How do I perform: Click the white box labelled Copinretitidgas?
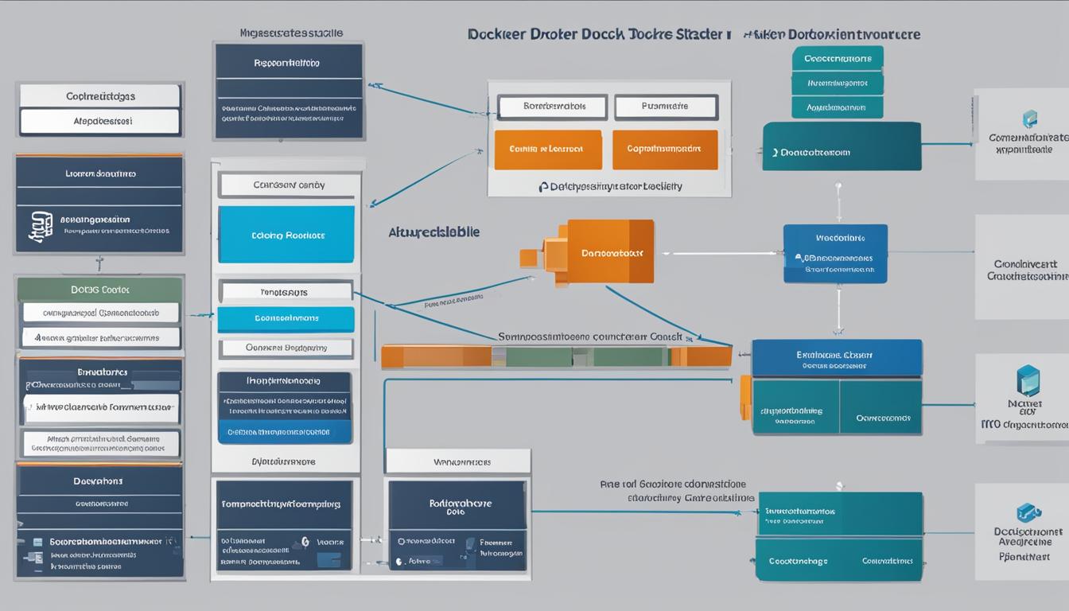pyautogui.click(x=99, y=96)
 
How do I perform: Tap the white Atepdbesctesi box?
pyautogui.click(x=99, y=122)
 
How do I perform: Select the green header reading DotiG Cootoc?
pyautogui.click(x=100, y=290)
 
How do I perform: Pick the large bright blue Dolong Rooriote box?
pyautogui.click(x=286, y=235)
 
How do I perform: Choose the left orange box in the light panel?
pyautogui.click(x=548, y=150)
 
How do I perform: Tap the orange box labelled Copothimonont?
pyautogui.click(x=665, y=150)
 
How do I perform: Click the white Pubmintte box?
pyautogui.click(x=666, y=106)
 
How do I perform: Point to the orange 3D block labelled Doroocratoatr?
pyautogui.click(x=608, y=252)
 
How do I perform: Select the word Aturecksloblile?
pyautogui.click(x=434, y=232)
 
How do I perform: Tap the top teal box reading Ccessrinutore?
pyautogui.click(x=837, y=59)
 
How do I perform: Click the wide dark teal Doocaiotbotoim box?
pyautogui.click(x=842, y=147)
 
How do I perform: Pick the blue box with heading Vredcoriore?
pyautogui.click(x=834, y=253)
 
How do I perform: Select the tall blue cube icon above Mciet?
pyautogui.click(x=1028, y=381)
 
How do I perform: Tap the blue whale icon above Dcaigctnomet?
pyautogui.click(x=1028, y=513)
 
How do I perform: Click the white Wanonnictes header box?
pyautogui.click(x=457, y=461)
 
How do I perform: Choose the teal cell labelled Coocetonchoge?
pyautogui.click(x=798, y=560)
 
